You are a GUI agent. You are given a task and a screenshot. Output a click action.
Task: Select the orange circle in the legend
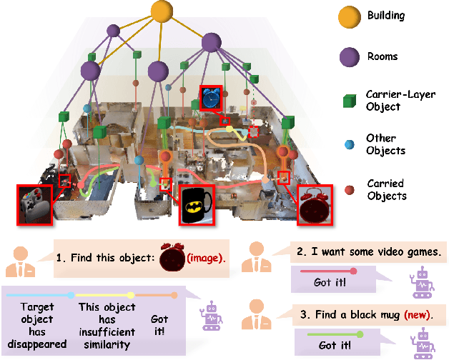(x=349, y=15)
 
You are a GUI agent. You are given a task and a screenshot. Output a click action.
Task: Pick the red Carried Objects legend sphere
(x=350, y=189)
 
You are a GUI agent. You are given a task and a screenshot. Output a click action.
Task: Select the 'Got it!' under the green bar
(x=332, y=345)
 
